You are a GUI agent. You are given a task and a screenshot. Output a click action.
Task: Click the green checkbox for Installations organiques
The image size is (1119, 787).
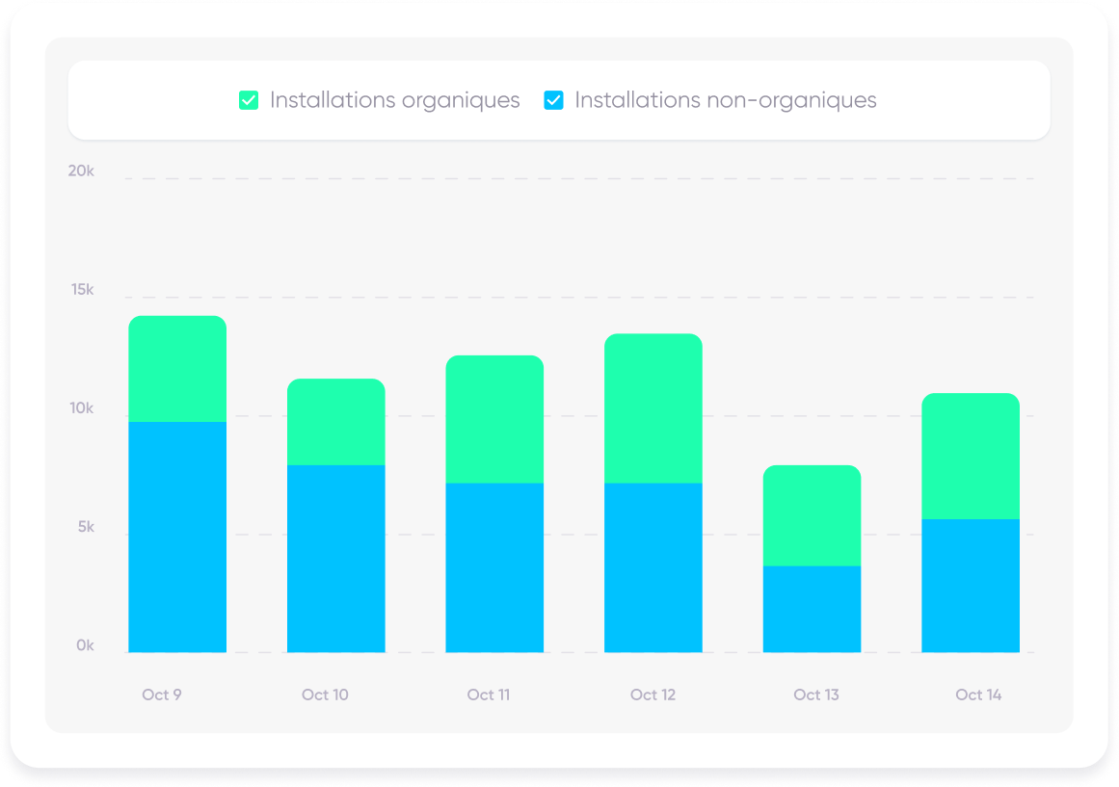click(249, 100)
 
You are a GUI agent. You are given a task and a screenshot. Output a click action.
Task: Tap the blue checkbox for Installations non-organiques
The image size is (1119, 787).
click(553, 100)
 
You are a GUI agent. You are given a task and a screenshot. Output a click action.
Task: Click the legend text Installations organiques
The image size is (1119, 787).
click(394, 100)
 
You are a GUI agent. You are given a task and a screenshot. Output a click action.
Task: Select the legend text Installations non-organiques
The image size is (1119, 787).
click(725, 100)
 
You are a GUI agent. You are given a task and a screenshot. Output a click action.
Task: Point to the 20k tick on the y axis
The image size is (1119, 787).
click(81, 171)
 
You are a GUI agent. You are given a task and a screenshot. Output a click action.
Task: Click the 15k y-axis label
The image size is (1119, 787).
click(82, 290)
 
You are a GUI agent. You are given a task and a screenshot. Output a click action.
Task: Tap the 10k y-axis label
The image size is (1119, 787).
click(81, 408)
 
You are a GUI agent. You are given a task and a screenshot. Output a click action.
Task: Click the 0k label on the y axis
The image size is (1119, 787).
click(85, 646)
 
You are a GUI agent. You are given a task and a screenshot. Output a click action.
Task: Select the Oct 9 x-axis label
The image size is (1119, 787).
click(162, 695)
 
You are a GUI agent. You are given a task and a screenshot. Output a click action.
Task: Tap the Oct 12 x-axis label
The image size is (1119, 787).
click(653, 695)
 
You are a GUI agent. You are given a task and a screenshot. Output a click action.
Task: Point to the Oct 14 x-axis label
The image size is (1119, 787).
click(978, 695)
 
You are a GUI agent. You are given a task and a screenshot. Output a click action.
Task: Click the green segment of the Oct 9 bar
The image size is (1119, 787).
click(177, 369)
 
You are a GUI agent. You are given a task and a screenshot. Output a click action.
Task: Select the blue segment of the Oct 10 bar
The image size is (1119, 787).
click(336, 559)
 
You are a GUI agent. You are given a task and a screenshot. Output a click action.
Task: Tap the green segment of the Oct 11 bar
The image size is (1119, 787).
click(494, 419)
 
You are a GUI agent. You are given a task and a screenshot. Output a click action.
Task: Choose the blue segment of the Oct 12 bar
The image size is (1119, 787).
click(653, 567)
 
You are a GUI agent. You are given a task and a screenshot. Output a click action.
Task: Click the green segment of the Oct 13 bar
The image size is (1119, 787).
click(812, 515)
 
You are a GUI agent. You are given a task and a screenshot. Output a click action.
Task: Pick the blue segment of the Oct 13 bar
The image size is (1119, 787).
click(812, 609)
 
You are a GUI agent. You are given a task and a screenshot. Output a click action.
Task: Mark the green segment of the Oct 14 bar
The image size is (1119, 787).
click(971, 457)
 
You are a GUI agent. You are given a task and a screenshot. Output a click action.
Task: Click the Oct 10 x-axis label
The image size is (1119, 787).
click(325, 695)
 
